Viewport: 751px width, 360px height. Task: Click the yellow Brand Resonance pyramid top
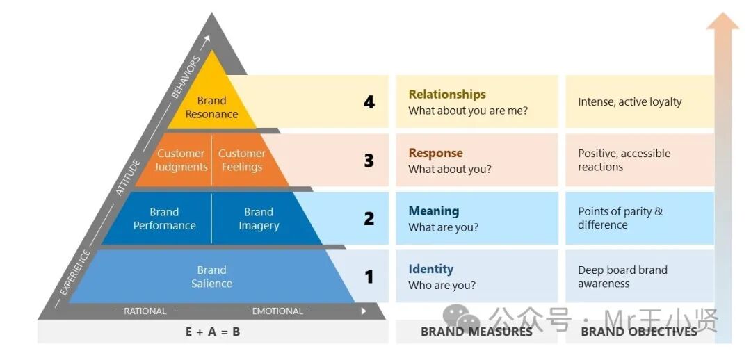(211, 104)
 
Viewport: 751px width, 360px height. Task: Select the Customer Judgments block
(181, 161)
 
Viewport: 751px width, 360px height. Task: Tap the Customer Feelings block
(242, 161)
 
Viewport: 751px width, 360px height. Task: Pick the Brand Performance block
(165, 219)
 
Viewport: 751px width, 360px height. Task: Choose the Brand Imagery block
(259, 219)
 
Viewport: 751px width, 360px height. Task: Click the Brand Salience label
(211, 277)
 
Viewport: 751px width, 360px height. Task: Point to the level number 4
(369, 102)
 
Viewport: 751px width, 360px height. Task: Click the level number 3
(369, 161)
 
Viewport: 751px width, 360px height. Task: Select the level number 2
(369, 219)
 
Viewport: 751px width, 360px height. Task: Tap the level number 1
(369, 277)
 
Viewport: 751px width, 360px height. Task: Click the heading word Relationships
(447, 95)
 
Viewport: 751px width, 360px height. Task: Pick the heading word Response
(435, 153)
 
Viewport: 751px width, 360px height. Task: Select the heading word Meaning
(434, 211)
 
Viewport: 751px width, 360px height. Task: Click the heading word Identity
(431, 269)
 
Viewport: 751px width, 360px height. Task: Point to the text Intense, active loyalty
(629, 102)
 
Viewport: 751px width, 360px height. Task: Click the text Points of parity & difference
(620, 218)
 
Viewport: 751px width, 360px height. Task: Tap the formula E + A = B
(213, 332)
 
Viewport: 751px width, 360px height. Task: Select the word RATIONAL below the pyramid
(145, 311)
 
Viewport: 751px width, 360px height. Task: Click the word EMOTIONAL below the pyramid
(277, 311)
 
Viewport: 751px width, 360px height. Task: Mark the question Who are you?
(442, 286)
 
